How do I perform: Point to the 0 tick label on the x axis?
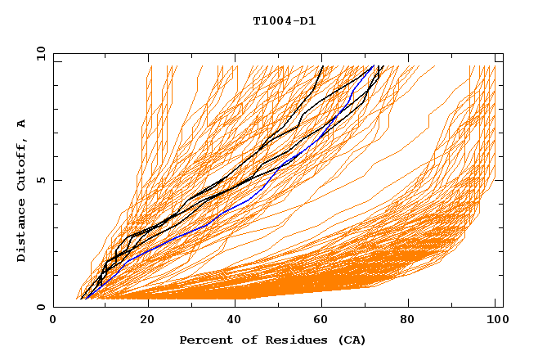tap(53, 320)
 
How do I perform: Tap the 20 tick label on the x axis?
tap(147, 320)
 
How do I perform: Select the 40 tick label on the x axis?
tap(235, 320)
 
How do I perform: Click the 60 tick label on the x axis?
tap(324, 320)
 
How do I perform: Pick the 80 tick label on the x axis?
tap(412, 320)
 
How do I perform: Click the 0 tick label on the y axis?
tap(40, 307)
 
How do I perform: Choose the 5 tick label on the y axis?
tap(40, 180)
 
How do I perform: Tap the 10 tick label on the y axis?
tap(38, 53)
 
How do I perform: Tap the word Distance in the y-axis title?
tap(21, 232)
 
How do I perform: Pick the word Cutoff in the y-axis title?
tap(21, 162)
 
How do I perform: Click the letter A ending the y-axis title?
tap(21, 124)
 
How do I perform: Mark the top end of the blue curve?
tap(374, 66)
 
